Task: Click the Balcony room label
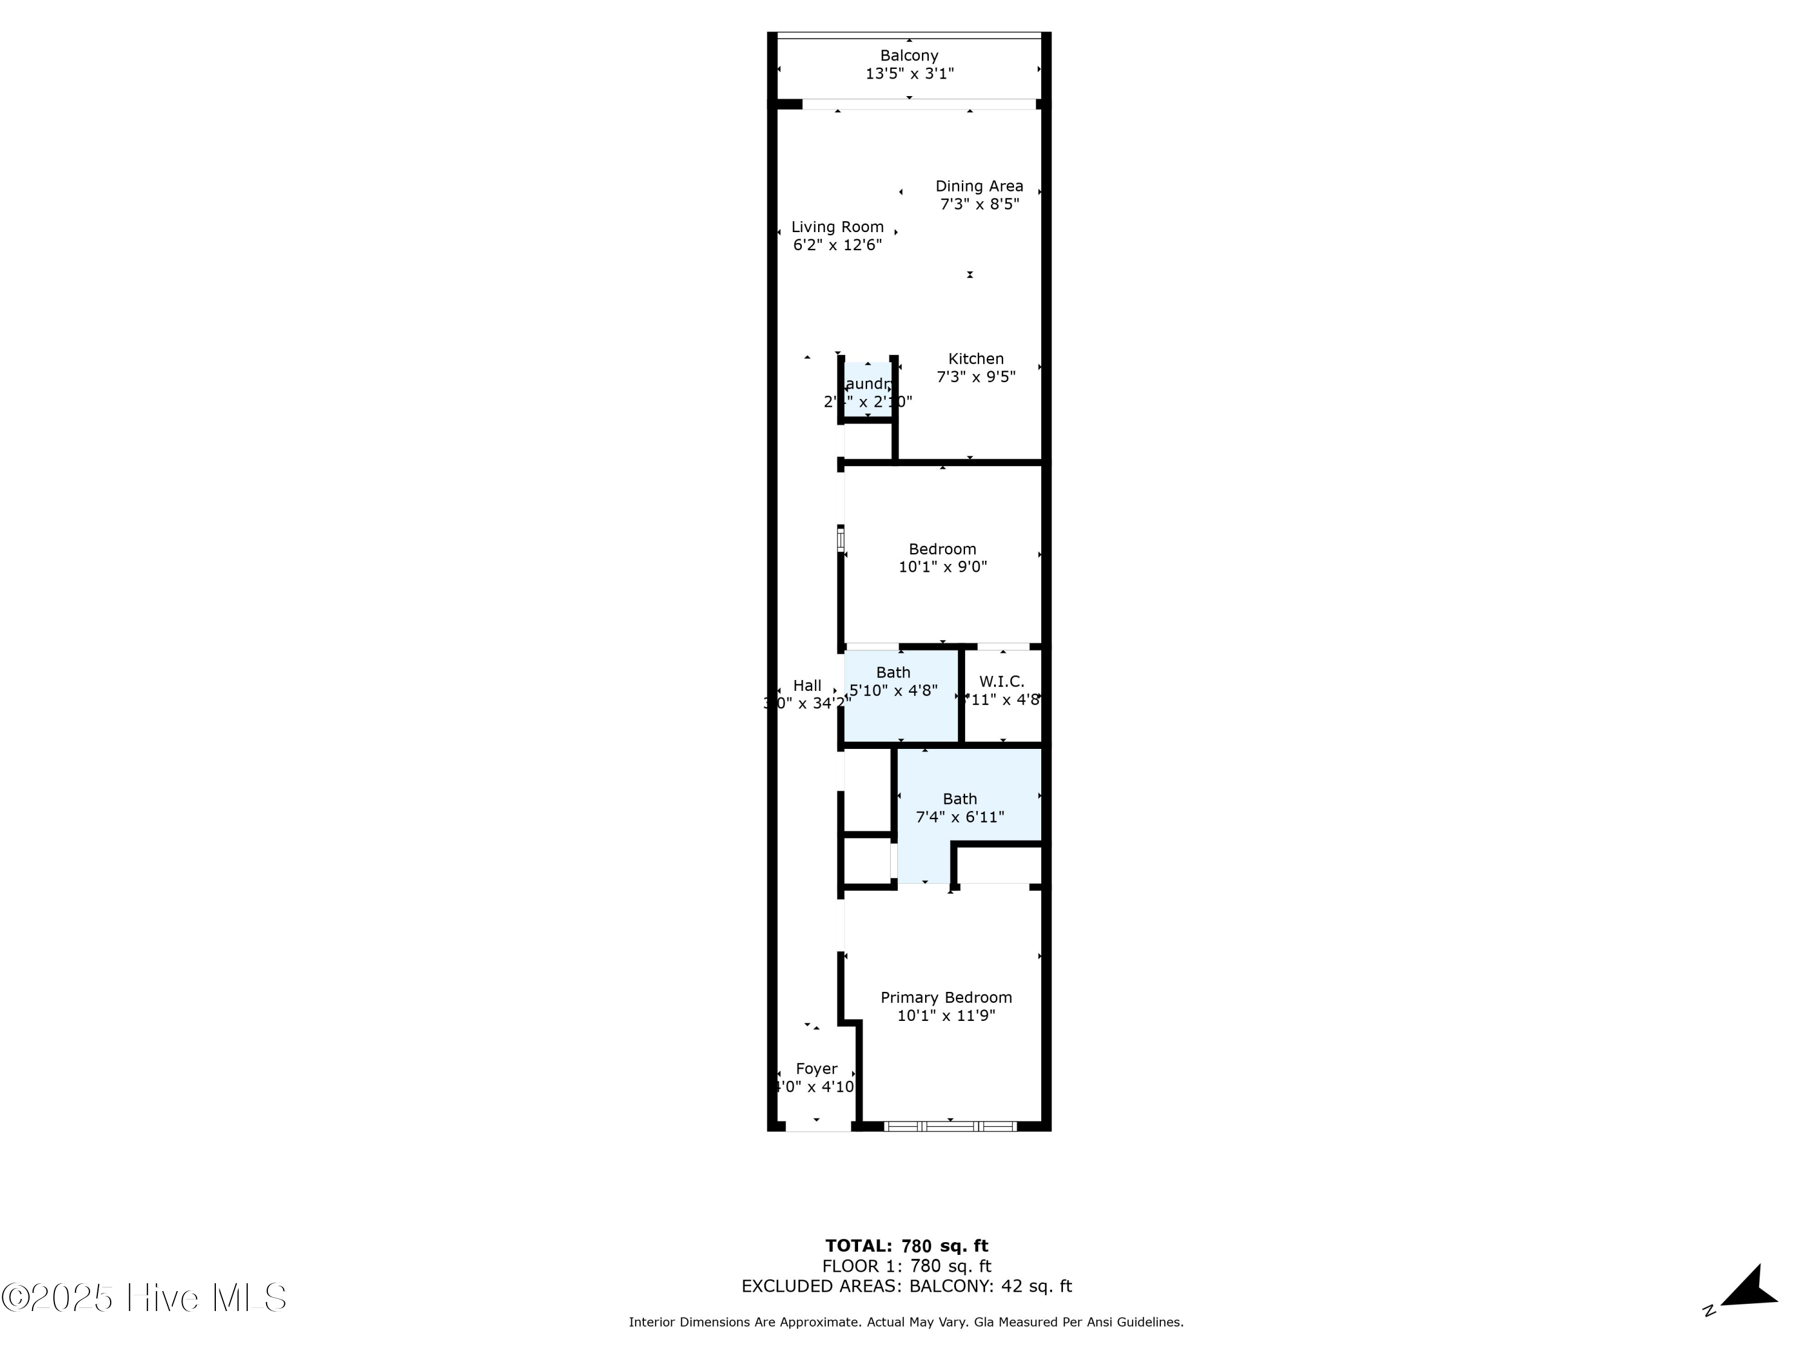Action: [x=909, y=56]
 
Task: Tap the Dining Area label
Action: [x=979, y=186]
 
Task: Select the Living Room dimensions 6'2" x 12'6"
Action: [x=837, y=244]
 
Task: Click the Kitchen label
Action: [x=976, y=358]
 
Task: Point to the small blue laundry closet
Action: [x=868, y=391]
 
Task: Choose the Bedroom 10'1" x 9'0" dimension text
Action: [x=942, y=566]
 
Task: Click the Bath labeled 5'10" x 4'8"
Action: [x=893, y=681]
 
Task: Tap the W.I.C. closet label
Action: [x=1001, y=681]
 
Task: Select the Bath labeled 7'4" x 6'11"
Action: [x=960, y=808]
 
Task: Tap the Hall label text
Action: [x=807, y=685]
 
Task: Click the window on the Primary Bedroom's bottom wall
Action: [x=951, y=1126]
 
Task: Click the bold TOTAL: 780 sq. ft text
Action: [x=906, y=1246]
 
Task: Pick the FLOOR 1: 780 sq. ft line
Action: [x=906, y=1266]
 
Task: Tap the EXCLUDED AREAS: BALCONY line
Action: [x=906, y=1286]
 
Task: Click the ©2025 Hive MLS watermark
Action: [x=145, y=1298]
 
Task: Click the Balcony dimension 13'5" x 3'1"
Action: [x=909, y=74]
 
